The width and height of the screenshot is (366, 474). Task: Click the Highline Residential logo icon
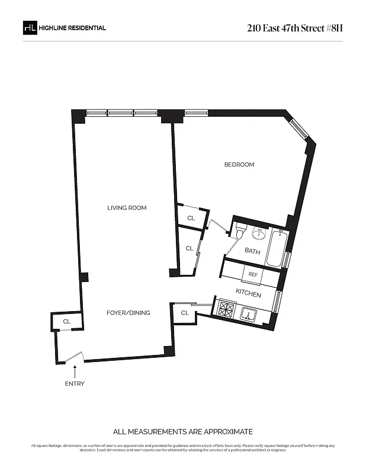[29, 28]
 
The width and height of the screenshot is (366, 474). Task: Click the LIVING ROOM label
[127, 208]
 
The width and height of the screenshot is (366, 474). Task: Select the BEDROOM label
[239, 165]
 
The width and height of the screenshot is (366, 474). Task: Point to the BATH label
[252, 252]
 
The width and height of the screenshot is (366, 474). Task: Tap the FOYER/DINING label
[128, 313]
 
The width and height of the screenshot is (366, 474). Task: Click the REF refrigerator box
[253, 274]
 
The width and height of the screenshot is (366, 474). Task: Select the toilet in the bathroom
[240, 231]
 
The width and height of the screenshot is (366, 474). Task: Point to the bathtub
[276, 249]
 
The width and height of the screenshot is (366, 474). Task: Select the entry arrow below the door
[75, 371]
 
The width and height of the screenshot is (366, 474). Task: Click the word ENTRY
[75, 384]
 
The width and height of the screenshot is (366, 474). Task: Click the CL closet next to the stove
[185, 313]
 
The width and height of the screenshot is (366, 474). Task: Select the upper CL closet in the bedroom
[191, 218]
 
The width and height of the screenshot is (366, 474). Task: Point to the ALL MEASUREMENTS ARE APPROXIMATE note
[182, 431]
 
